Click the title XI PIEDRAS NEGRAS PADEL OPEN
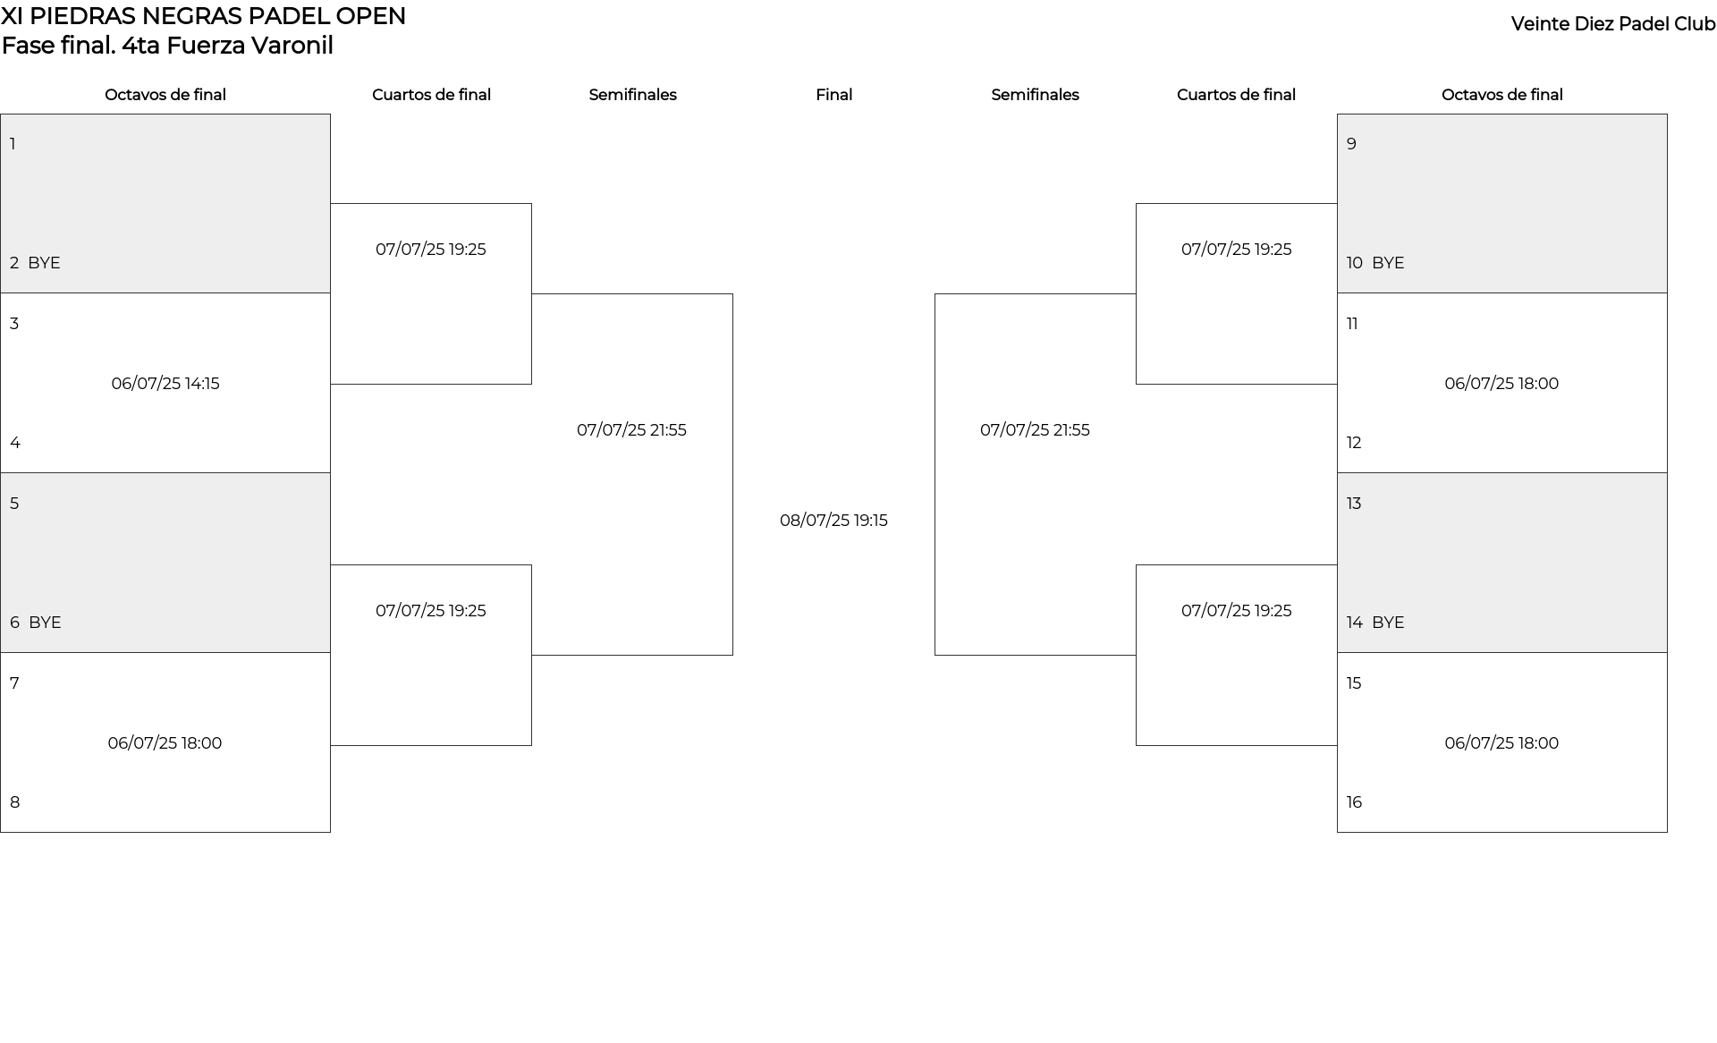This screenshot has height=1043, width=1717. pos(204,16)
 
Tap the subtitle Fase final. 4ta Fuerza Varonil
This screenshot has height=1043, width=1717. pos(167,46)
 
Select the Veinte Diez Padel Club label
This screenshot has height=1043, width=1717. pos(1613,24)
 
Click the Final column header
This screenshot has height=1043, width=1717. pos(833,95)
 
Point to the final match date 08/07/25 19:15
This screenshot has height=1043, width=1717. pos(833,521)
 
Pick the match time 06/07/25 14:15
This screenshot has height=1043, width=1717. pos(165,384)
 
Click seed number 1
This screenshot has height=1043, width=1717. pos(13,144)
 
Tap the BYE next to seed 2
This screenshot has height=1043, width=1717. pos(44,263)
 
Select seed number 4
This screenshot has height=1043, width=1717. pos(15,443)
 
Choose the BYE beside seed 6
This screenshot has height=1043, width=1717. pos(45,623)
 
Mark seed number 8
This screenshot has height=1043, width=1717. pos(15,802)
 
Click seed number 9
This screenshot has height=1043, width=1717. pos(1352,144)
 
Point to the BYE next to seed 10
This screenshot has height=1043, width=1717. pos(1388,263)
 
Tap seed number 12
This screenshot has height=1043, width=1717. pos(1354,443)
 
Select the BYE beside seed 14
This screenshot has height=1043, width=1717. pos(1388,623)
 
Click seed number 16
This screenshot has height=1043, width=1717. pos(1354,802)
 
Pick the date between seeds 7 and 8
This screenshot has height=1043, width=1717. pos(165,743)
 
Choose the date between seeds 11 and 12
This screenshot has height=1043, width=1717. pos(1501,384)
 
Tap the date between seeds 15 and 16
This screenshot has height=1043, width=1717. pos(1501,743)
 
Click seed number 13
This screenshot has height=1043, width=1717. pos(1354,504)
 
